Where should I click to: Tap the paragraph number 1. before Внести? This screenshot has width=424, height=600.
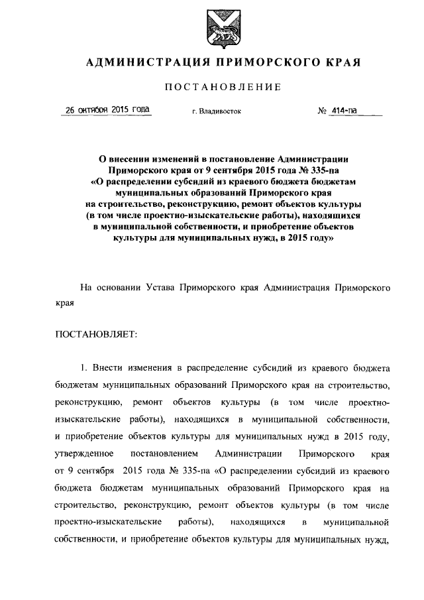(x=83, y=367)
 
